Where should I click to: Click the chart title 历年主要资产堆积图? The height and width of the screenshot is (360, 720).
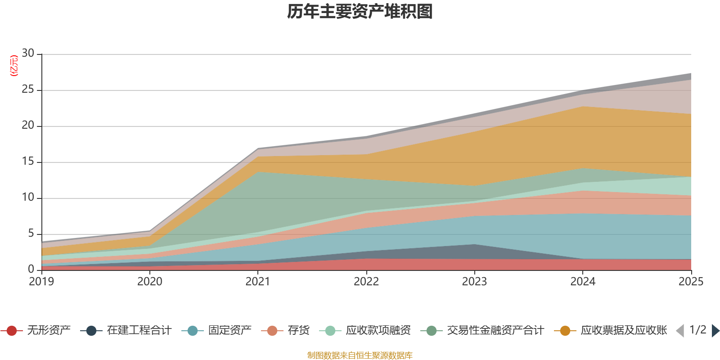click(360, 12)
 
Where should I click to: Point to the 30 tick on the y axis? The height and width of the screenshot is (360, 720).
click(28, 54)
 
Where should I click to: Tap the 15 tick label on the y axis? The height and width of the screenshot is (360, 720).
click(28, 162)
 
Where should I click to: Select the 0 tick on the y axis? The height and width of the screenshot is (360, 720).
click(31, 269)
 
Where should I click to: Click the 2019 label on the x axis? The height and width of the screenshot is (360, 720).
click(41, 282)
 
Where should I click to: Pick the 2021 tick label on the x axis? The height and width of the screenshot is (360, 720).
click(258, 282)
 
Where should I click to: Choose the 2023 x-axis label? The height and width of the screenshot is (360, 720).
click(474, 282)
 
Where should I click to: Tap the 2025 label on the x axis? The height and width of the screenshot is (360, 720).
click(690, 282)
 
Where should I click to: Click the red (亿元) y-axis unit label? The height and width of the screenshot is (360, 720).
click(14, 66)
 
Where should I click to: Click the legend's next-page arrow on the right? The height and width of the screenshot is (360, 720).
click(715, 331)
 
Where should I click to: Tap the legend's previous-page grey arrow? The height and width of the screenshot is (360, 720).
click(680, 331)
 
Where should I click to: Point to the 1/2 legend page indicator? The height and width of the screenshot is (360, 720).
click(697, 330)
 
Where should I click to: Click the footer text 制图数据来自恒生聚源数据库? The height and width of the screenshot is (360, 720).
click(360, 355)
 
